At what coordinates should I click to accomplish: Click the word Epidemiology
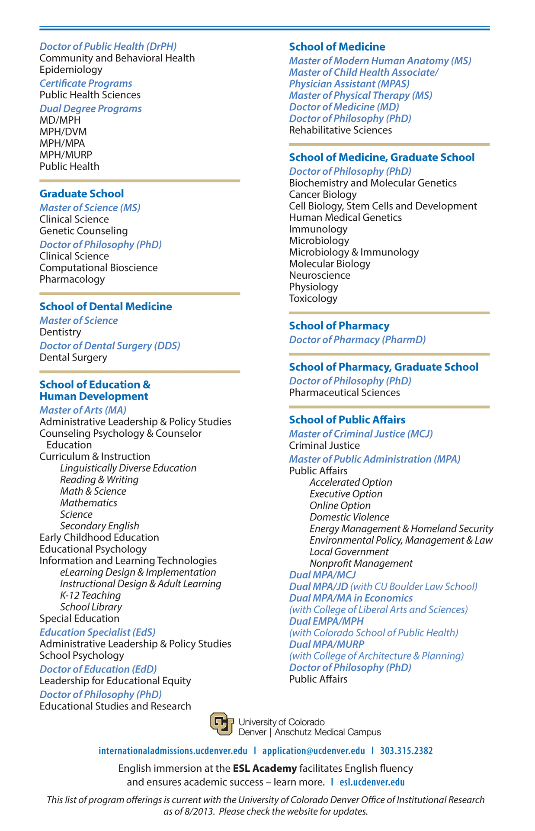pos(71,70)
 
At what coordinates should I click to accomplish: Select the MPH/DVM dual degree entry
pos(63,132)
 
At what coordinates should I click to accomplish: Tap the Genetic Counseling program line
pos(83,231)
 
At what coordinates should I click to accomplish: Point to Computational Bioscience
pos(99,268)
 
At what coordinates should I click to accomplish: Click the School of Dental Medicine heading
pos(106,306)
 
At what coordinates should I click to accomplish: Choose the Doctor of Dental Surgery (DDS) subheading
pos(110,346)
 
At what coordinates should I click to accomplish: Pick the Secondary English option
pos(99,526)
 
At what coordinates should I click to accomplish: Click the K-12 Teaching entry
pos(90,596)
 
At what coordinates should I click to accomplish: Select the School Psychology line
pos(82,656)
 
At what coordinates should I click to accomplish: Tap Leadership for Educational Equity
pos(115,681)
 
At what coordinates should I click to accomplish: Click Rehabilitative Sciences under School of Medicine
pos(340,130)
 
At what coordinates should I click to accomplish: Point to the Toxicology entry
pos(313,299)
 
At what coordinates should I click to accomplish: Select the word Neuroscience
pos(320,275)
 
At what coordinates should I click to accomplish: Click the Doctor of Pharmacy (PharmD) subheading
pos(357,340)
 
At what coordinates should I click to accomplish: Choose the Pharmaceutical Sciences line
pos(344,393)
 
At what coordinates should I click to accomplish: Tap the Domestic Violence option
pos(349,517)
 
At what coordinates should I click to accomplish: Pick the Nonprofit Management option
pos(361,564)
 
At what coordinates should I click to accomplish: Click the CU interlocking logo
pos(222,724)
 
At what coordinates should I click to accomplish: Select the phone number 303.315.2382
pos(407,751)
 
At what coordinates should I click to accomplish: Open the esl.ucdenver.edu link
pos(372,782)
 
